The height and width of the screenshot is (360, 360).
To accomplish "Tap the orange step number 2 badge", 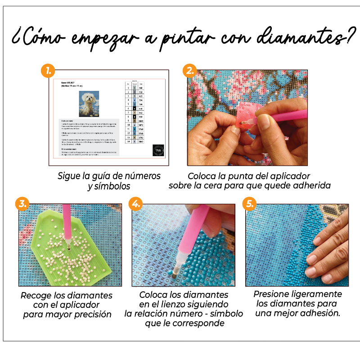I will click(x=190, y=70).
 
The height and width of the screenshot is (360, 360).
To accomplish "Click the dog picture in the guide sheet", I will click(x=88, y=103).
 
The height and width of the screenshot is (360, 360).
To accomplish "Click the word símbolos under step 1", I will click(x=109, y=186).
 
